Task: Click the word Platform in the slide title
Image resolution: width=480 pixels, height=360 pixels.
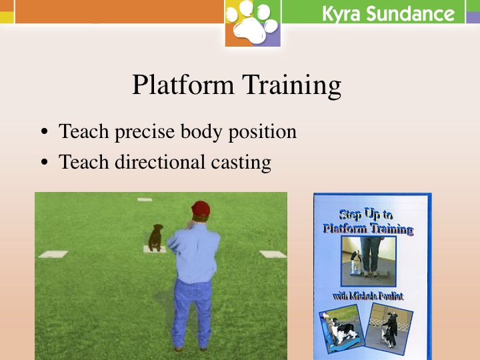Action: pyautogui.click(x=183, y=85)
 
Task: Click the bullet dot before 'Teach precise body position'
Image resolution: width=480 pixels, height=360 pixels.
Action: pyautogui.click(x=45, y=132)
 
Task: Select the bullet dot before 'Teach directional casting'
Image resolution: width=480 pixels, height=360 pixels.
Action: pyautogui.click(x=45, y=162)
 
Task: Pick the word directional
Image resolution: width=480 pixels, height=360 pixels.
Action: pyautogui.click(x=160, y=161)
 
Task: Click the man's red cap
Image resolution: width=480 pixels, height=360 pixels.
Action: pyautogui.click(x=201, y=209)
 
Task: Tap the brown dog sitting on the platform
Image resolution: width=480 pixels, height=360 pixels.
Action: pyautogui.click(x=155, y=237)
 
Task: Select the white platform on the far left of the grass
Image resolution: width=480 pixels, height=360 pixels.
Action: pyautogui.click(x=53, y=254)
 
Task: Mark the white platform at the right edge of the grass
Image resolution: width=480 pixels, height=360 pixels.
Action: pyautogui.click(x=273, y=254)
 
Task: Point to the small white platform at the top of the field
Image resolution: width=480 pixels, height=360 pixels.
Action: pyautogui.click(x=145, y=199)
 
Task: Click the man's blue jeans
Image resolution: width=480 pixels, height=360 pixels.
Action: pyautogui.click(x=192, y=312)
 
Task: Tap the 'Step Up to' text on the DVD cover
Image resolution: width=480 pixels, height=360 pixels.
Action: pyautogui.click(x=366, y=215)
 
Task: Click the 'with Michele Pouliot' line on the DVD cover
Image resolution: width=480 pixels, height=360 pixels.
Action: pyautogui.click(x=368, y=296)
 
